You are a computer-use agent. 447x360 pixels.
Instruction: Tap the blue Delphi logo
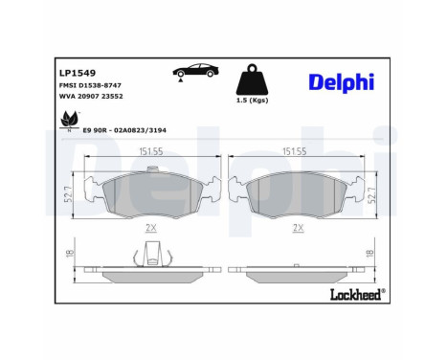(x=340, y=83)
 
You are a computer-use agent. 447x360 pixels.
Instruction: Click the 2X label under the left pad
(x=149, y=227)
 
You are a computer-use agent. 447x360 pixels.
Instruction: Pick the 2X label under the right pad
(x=298, y=227)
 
